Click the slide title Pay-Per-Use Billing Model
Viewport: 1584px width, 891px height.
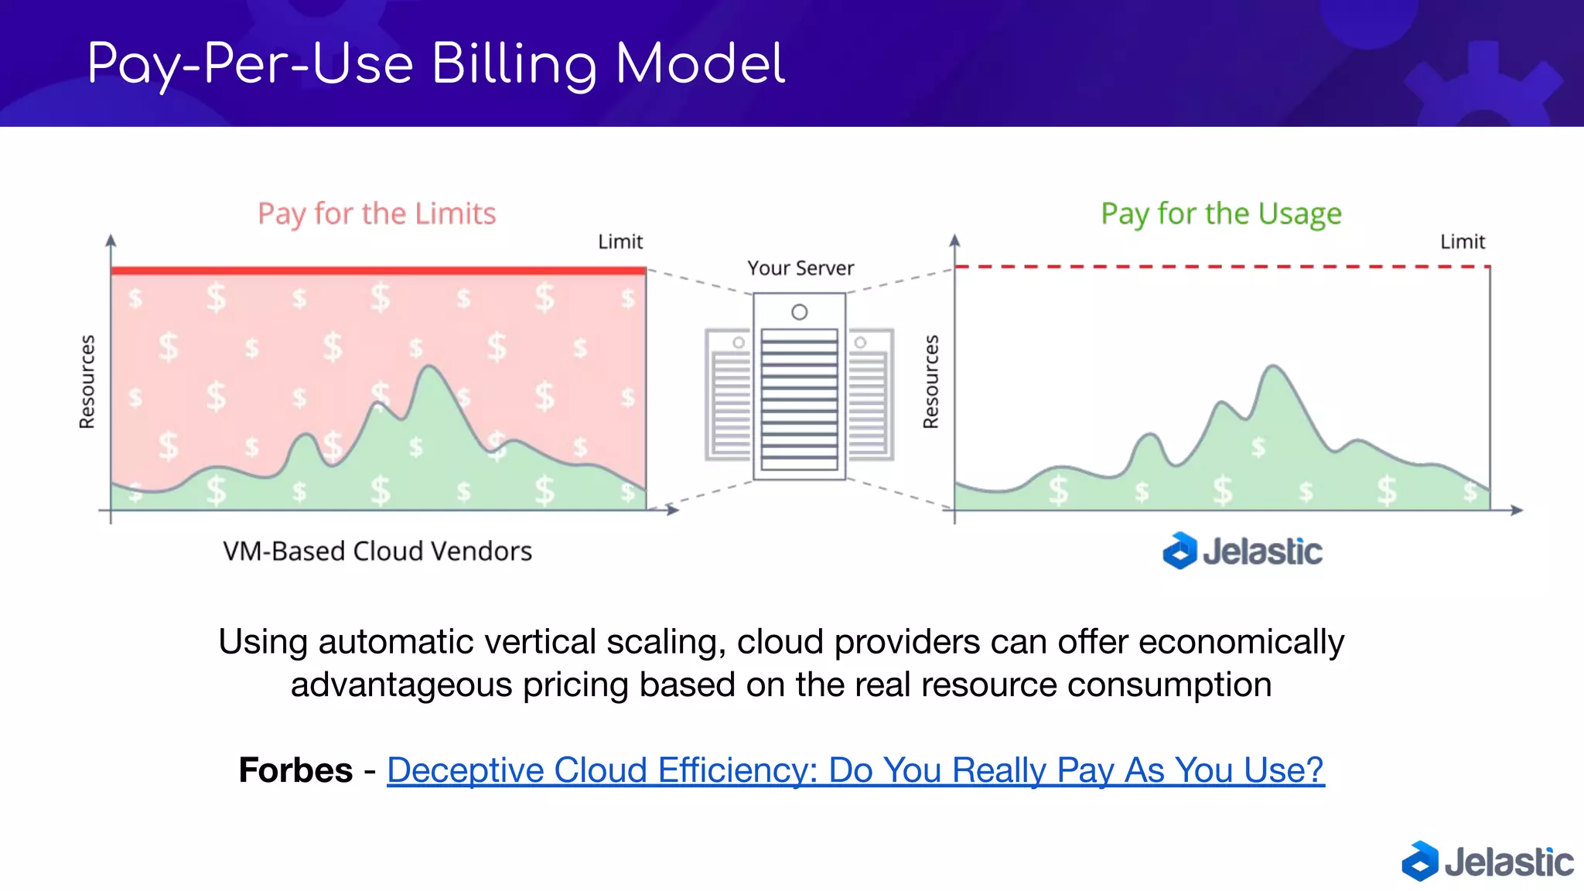(x=435, y=64)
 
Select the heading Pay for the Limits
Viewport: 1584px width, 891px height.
(x=377, y=213)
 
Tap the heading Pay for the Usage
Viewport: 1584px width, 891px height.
(x=1220, y=213)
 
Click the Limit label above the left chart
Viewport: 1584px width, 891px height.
(x=620, y=242)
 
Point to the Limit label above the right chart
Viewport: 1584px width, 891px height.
(x=1462, y=242)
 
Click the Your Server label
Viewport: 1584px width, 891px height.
(x=801, y=268)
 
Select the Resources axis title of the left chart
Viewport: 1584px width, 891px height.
(x=87, y=381)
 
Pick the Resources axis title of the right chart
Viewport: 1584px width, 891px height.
(x=930, y=381)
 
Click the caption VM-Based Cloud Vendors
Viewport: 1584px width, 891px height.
(x=377, y=551)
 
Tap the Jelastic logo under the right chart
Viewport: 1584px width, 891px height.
(x=1242, y=551)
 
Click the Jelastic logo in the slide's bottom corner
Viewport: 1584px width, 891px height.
(x=1487, y=862)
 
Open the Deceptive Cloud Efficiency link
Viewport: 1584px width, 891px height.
(x=855, y=770)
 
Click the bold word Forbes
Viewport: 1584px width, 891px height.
(x=295, y=770)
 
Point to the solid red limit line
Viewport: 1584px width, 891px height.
(x=378, y=271)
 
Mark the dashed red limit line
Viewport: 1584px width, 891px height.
(x=1222, y=267)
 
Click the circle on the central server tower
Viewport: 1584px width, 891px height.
(x=800, y=312)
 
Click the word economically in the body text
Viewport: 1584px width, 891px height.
(x=1241, y=642)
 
